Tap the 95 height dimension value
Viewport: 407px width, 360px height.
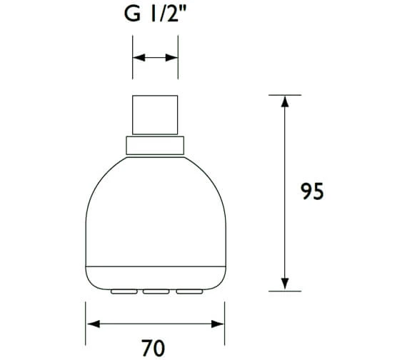coord(311,192)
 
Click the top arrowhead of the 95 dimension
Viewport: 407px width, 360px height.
coord(284,101)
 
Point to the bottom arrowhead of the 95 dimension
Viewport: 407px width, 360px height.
coord(284,284)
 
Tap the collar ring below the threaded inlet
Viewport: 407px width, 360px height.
coord(155,145)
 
